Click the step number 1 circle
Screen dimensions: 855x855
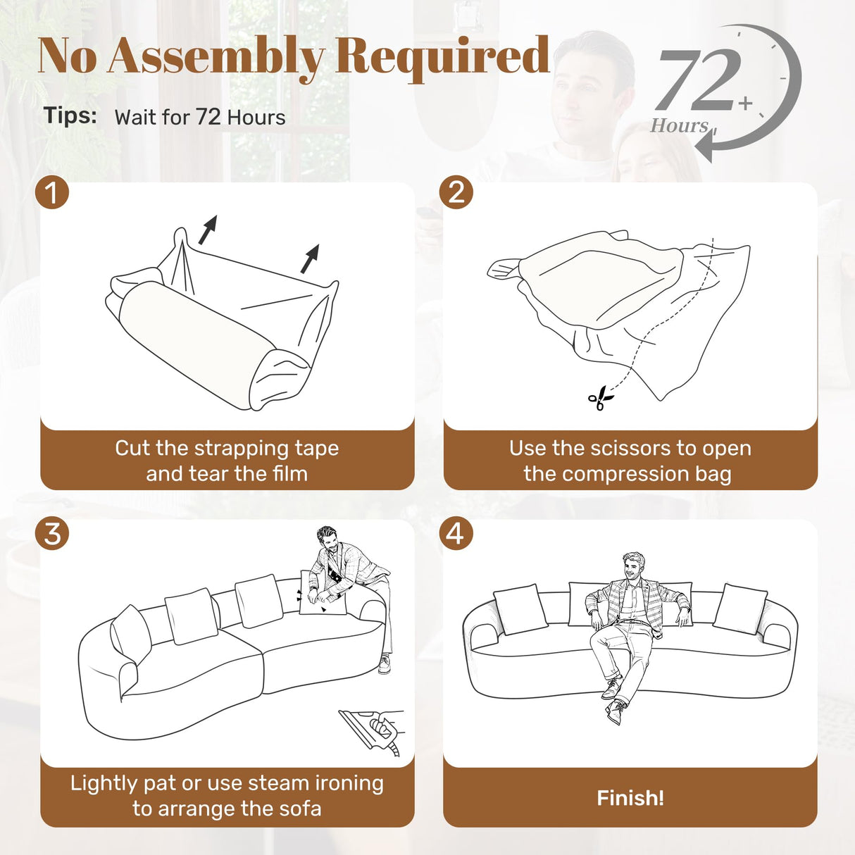point(52,192)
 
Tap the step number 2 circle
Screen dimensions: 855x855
point(456,192)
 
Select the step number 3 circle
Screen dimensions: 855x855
point(52,533)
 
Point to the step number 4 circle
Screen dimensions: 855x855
point(456,533)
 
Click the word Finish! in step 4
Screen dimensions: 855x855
point(630,798)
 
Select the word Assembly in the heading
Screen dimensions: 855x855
point(216,56)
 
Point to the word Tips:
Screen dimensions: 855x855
point(70,115)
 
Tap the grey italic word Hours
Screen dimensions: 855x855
point(679,126)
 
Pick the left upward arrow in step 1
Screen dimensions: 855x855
point(208,230)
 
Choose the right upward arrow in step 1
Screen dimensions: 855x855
point(310,258)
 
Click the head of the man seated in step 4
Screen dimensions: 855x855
point(634,566)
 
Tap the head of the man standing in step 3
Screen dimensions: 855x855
point(328,539)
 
